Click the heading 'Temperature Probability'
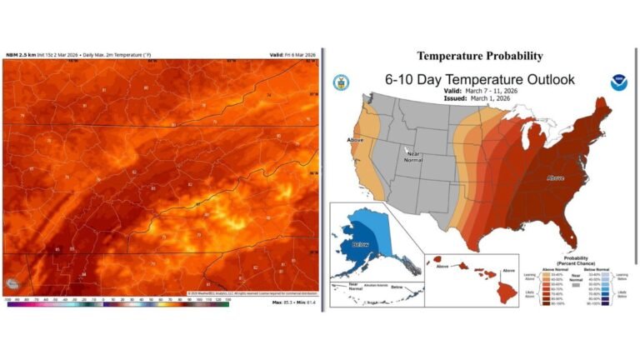point(479,57)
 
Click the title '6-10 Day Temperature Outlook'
point(479,80)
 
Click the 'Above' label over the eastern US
point(556,177)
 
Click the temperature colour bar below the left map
point(117,302)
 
